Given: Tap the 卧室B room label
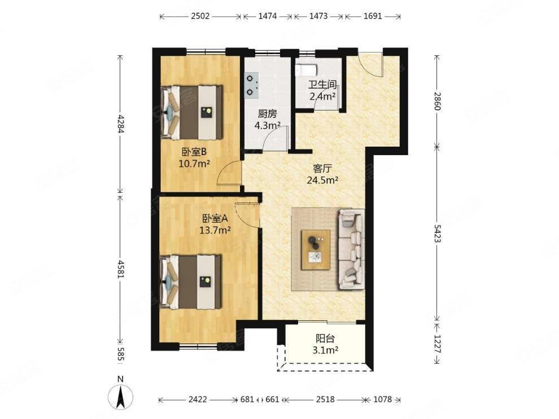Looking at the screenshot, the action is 194,152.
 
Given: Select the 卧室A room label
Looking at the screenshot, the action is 215,218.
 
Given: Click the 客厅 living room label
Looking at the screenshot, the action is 322,168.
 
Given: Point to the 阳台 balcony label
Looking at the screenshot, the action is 325,338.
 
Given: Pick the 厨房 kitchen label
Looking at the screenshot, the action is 267,114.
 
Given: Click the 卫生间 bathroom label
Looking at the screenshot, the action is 322,85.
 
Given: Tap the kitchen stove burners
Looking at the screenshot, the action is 251,85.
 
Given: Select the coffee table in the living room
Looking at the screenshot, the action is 316,250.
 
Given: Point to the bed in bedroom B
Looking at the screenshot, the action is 192,112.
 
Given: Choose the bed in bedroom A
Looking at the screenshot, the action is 191,282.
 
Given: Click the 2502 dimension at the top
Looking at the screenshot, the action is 200,16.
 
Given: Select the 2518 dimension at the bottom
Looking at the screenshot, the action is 325,399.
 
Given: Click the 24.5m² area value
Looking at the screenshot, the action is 322,180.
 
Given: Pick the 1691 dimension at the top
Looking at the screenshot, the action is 373,16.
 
